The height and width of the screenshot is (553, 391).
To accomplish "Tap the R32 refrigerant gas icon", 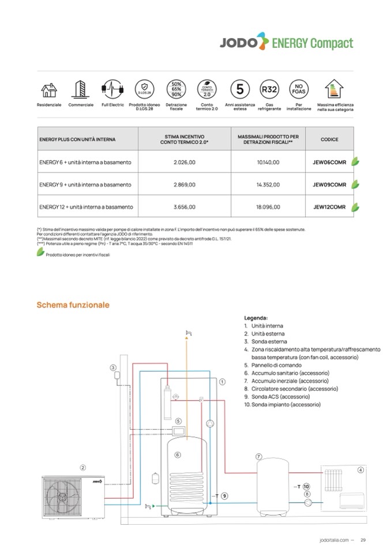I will click(x=269, y=89).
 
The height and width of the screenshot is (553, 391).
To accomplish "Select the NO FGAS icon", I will click(x=299, y=89).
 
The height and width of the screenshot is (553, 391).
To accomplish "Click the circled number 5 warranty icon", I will click(x=239, y=89).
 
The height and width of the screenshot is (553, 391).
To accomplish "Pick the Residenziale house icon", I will click(x=49, y=90).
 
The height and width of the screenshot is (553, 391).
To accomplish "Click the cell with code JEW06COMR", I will click(x=329, y=163).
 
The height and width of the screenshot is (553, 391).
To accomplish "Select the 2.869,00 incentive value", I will click(x=185, y=185).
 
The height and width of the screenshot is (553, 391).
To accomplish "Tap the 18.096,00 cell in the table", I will click(x=268, y=206).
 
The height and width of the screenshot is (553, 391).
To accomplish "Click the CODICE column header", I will click(x=329, y=140).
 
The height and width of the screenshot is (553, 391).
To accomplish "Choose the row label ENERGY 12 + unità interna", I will click(x=86, y=206).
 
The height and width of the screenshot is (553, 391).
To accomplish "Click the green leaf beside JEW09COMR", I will click(x=356, y=185).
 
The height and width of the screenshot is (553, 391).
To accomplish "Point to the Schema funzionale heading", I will click(x=73, y=304).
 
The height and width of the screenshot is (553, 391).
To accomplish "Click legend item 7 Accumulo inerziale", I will click(x=286, y=381).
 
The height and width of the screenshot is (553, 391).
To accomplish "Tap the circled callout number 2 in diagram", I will click(x=83, y=468).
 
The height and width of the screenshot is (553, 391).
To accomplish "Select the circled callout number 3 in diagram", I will click(x=113, y=367).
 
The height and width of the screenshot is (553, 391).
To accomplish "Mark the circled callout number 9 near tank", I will click(x=224, y=495).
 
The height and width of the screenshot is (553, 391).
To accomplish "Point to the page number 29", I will click(x=363, y=540).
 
